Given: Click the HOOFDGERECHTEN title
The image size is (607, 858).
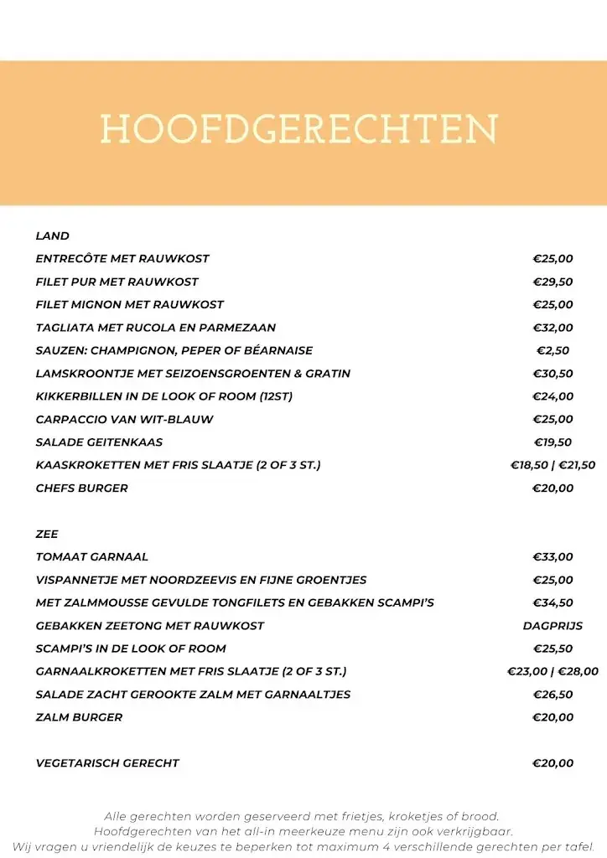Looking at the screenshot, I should coord(298,130).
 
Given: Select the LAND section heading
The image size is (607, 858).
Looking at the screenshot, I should coord(52,236).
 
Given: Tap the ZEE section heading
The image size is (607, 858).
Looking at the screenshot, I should coord(47,534).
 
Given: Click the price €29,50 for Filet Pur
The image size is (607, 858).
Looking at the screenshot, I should coord(553,282).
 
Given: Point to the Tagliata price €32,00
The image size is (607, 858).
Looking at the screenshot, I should coord(553,328).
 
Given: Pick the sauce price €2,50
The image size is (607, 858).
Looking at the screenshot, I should coord(553,350).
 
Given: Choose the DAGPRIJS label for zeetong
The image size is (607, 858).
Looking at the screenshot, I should coord(553,625).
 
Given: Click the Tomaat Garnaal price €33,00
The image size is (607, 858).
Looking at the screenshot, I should coord(553,556).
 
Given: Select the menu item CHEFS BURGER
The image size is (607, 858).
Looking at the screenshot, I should coord(81,488).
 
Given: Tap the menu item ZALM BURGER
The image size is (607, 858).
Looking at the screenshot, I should coord(79,716).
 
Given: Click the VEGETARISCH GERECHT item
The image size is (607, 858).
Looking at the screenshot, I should coord(107,762).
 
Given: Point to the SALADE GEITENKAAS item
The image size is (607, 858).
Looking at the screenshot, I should coord(99,442).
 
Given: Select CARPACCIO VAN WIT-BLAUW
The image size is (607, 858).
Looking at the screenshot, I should coord(124,419).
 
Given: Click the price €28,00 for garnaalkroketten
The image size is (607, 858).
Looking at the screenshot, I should coord(578,671).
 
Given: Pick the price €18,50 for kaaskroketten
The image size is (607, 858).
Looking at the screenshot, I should coord(529,465).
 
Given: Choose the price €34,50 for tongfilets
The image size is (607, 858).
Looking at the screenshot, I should coord(553,602).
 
